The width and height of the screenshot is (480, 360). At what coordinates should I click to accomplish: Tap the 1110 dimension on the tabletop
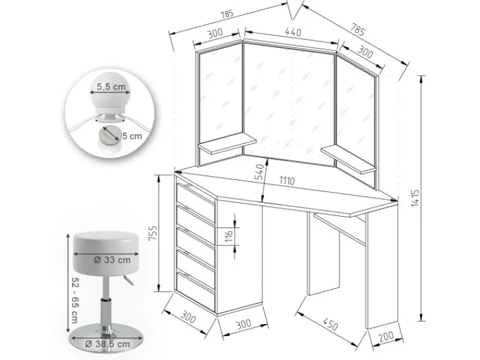[x=291, y=179]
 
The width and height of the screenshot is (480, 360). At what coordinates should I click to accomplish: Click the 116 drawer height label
[x=229, y=235]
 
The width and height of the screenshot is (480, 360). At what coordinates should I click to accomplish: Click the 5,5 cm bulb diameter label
[x=110, y=87]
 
